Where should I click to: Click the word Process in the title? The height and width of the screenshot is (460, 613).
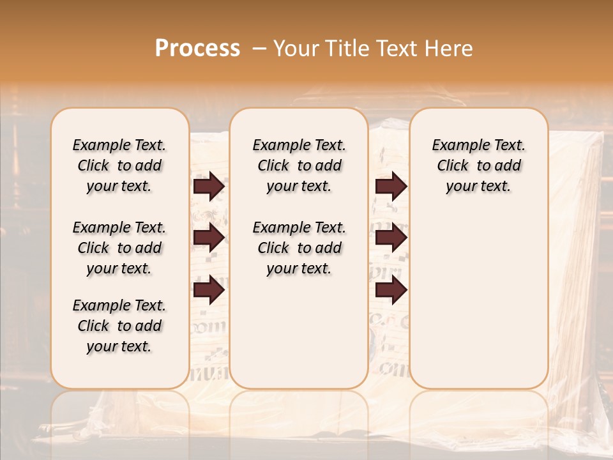pos(197,49)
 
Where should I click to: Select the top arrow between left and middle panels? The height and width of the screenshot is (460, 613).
pos(209,187)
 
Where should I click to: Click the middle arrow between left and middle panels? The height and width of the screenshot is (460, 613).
pos(209,238)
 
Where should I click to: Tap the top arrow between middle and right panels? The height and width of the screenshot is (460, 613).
pos(391,187)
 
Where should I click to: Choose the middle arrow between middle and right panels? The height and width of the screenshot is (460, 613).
pos(391,238)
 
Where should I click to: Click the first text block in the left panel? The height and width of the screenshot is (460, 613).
pos(119,165)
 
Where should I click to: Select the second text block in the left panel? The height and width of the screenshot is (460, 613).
pos(119,248)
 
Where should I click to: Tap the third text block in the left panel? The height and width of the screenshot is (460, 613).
pos(119,326)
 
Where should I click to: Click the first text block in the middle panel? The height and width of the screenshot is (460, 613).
pos(299,165)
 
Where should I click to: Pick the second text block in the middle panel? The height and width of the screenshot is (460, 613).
pos(299,248)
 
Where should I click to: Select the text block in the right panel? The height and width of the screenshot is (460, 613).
pos(479,165)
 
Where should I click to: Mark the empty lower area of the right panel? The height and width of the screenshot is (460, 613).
pos(479,300)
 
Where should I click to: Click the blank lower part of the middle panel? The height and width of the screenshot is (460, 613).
pos(299,332)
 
